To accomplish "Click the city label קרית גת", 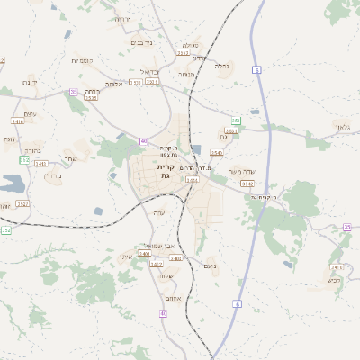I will click(165, 171).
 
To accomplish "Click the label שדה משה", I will click(242, 171).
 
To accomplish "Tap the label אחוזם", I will click(175, 298).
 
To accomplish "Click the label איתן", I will click(125, 257).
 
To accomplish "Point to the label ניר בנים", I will click(143, 42).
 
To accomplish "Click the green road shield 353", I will click(236, 120).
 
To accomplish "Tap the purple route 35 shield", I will click(346, 228).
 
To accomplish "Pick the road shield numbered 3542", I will click(247, 184).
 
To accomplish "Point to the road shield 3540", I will click(217, 153).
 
